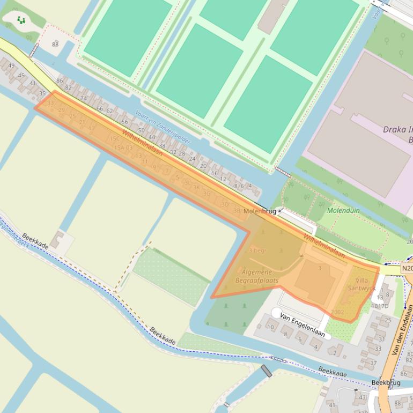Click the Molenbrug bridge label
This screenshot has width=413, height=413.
coord(260,211)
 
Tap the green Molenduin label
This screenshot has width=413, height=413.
coord(343,211)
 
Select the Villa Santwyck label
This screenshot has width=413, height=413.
coord(362,284)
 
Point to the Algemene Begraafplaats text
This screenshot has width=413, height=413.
coord(256,276)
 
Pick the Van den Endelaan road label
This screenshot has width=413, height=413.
coord(402,329)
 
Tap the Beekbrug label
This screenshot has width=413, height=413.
coord(386,383)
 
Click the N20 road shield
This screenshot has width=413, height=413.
coord(407,268)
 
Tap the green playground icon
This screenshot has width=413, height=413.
coord(21,20)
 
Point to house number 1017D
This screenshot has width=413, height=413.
coord(379,306)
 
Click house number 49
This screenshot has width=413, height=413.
coord(11,66)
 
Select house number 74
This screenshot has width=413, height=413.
coord(83,99)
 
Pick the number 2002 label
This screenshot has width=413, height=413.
coord(337,312)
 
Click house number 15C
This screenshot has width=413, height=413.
coord(114,138)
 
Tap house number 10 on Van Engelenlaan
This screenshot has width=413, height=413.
coord(270,327)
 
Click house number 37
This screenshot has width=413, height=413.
coord(373,363)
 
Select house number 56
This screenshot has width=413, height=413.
coord(124,122)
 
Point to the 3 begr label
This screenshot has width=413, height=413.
coord(257,250)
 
